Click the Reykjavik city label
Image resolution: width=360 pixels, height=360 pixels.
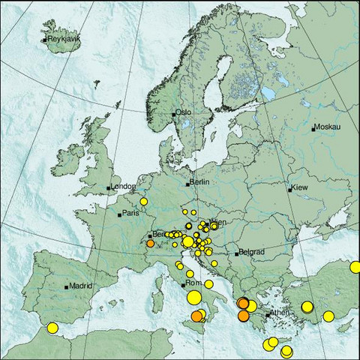[63, 39]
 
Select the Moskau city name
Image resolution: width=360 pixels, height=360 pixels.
[328, 128]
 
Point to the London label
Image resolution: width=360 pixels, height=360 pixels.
[123, 187]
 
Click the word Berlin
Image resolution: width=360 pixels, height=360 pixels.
[199, 182]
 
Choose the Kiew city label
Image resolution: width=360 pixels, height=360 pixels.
[300, 187]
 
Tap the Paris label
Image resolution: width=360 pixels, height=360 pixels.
[131, 214]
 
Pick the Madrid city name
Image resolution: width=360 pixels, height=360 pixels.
[80, 286]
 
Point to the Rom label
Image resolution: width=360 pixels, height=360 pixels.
[193, 284]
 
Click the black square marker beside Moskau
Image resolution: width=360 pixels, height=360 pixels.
[315, 129]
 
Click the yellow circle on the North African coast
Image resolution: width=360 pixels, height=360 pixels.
[52, 328]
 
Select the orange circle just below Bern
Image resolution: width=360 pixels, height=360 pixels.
[151, 244]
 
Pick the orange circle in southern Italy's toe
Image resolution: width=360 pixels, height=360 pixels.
[196, 317]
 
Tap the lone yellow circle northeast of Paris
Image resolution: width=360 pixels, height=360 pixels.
[143, 201]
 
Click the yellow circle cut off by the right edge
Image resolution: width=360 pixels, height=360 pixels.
[355, 267]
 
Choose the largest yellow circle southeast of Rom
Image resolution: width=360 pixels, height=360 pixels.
[193, 298]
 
